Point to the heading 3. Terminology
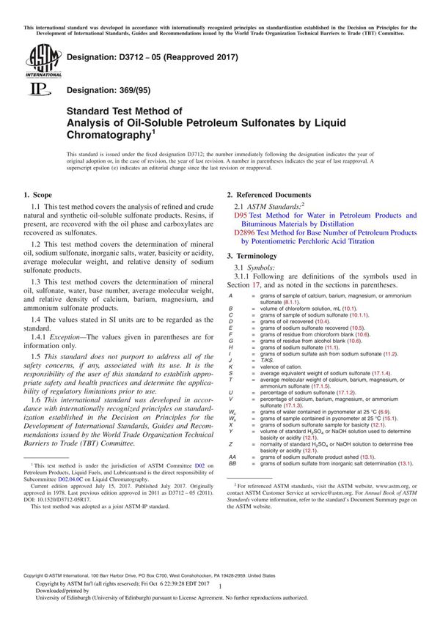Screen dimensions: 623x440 coord(252,256)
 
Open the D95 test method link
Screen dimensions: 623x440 coord(240,216)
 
